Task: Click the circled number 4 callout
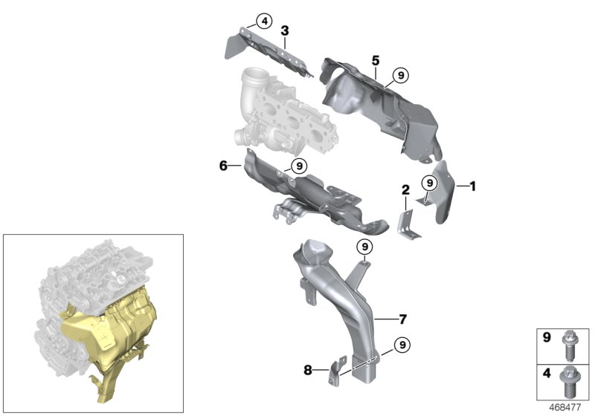coord(244,21)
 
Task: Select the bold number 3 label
coord(284,30)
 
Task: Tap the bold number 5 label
coord(376,59)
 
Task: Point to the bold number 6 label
coord(223,166)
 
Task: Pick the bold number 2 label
coord(405,191)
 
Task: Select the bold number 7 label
coord(402,320)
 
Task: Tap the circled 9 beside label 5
coord(400,74)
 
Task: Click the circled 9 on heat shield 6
coord(298,166)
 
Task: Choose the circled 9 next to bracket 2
coord(429,183)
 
